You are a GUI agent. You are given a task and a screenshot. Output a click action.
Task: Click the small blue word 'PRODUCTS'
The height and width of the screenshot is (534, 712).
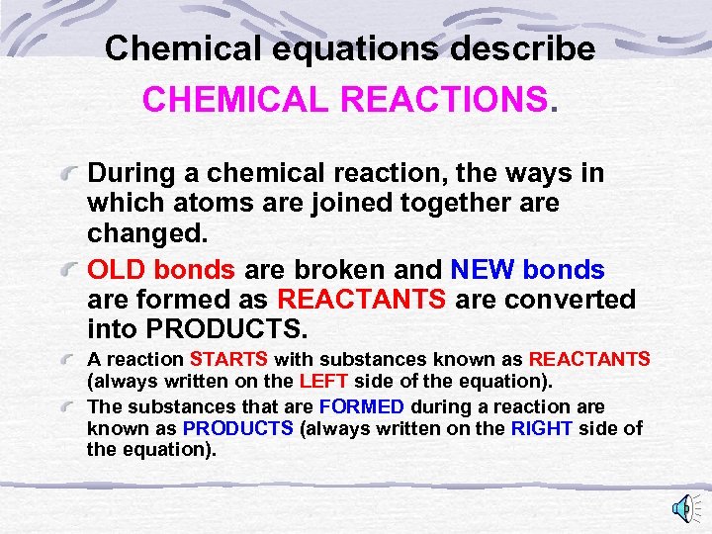[x=238, y=427]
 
